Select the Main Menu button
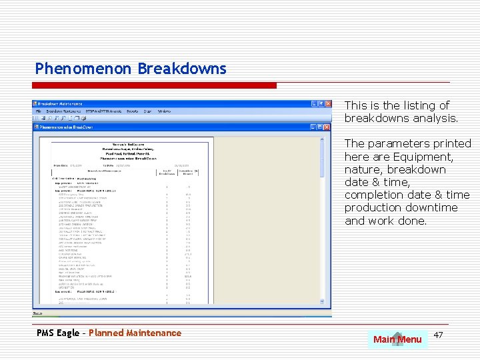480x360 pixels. (x=397, y=339)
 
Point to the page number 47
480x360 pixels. (x=438, y=333)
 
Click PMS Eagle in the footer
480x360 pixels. (x=58, y=333)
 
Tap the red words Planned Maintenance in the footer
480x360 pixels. (x=135, y=333)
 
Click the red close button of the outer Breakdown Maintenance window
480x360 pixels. (x=327, y=104)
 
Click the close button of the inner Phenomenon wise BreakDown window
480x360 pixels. (x=327, y=126)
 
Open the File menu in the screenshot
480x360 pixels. (x=38, y=111)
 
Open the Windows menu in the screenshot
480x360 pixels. (x=164, y=111)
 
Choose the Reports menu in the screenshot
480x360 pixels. (x=132, y=111)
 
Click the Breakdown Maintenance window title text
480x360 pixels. (x=60, y=104)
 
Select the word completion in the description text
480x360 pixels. (x=371, y=195)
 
